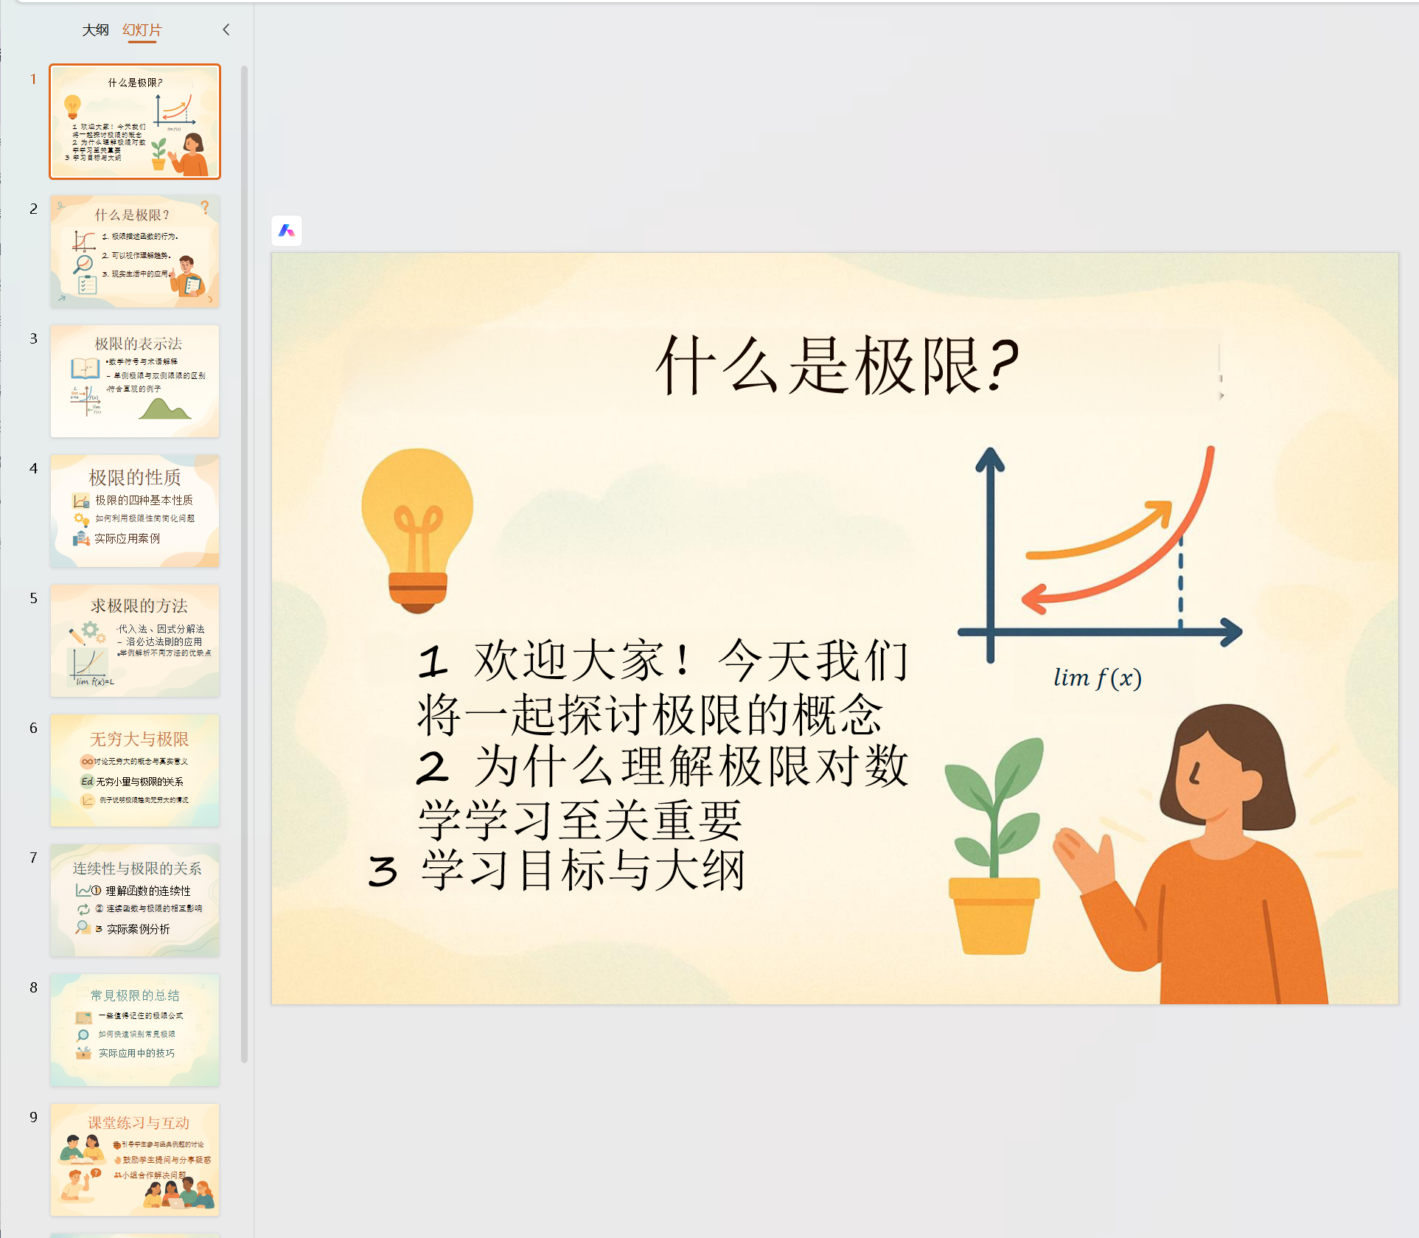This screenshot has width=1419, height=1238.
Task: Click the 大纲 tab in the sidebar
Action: point(95,30)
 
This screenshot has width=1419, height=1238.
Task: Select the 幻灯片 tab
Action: point(142,30)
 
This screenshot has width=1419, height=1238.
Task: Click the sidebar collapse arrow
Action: point(226,29)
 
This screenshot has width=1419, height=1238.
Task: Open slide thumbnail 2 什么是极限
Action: point(135,251)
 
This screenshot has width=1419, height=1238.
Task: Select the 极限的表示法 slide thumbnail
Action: point(135,381)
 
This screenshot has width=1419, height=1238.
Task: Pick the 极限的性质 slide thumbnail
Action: point(135,511)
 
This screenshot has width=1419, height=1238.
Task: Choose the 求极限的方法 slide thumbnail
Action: point(135,641)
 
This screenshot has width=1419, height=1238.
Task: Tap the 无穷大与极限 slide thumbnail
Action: point(135,771)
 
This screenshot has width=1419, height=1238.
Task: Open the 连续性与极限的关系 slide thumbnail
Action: point(135,900)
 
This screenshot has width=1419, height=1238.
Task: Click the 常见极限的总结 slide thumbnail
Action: point(135,1030)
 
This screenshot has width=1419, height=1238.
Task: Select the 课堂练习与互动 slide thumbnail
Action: point(135,1160)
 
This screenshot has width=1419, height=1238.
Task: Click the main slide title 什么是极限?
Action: point(837,366)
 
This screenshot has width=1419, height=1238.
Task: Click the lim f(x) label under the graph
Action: point(1097,678)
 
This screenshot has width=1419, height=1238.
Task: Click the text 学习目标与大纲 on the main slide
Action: point(582,871)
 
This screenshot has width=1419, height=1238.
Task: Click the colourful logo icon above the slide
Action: point(287,232)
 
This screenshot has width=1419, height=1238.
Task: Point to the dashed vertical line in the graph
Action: point(1180,583)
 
